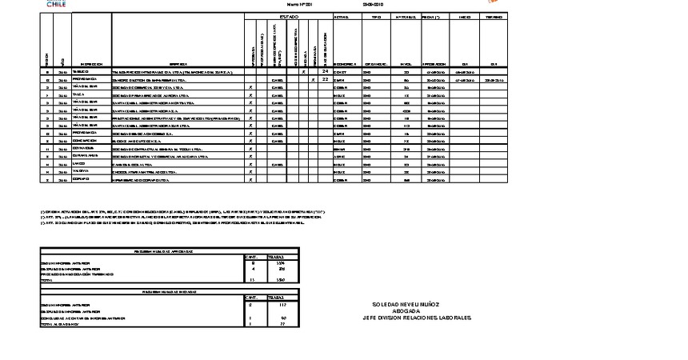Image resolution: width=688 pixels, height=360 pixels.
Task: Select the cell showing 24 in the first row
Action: [326, 72]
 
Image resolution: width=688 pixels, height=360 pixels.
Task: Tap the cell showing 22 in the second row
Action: [326, 80]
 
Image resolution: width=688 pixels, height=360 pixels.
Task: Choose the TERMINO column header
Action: [494, 16]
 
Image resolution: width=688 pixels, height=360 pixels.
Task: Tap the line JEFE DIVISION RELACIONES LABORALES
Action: [417, 318]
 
